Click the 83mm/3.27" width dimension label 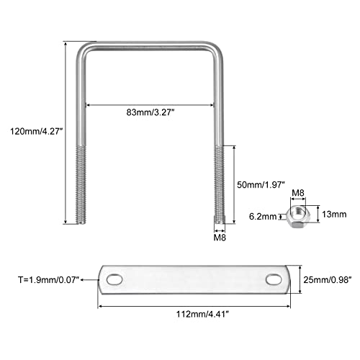(150, 112)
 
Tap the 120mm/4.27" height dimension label (36, 132)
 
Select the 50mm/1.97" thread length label (261, 185)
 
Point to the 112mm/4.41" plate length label (202, 314)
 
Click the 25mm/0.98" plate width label (328, 280)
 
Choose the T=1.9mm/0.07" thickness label (49, 279)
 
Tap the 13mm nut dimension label (334, 214)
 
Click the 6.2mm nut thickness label (263, 217)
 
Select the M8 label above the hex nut (298, 193)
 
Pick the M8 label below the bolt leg (220, 238)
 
